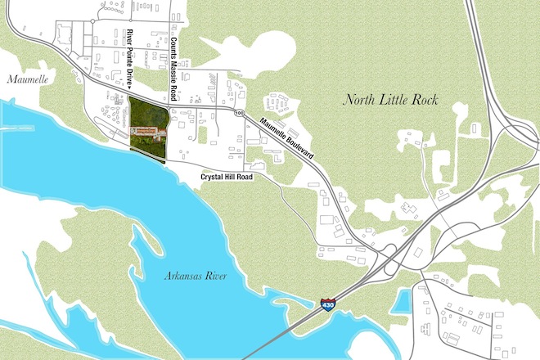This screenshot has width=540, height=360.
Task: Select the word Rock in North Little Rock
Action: (425, 101)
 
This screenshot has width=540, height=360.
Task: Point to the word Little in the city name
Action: (396, 101)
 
